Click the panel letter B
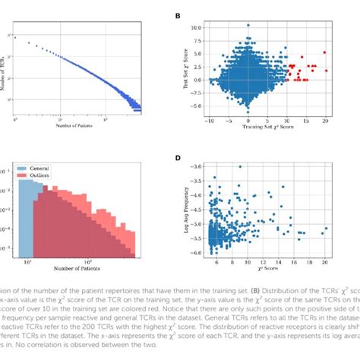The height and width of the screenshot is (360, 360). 178,16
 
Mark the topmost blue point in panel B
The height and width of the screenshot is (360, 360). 248,25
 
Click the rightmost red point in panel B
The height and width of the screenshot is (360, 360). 325,52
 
